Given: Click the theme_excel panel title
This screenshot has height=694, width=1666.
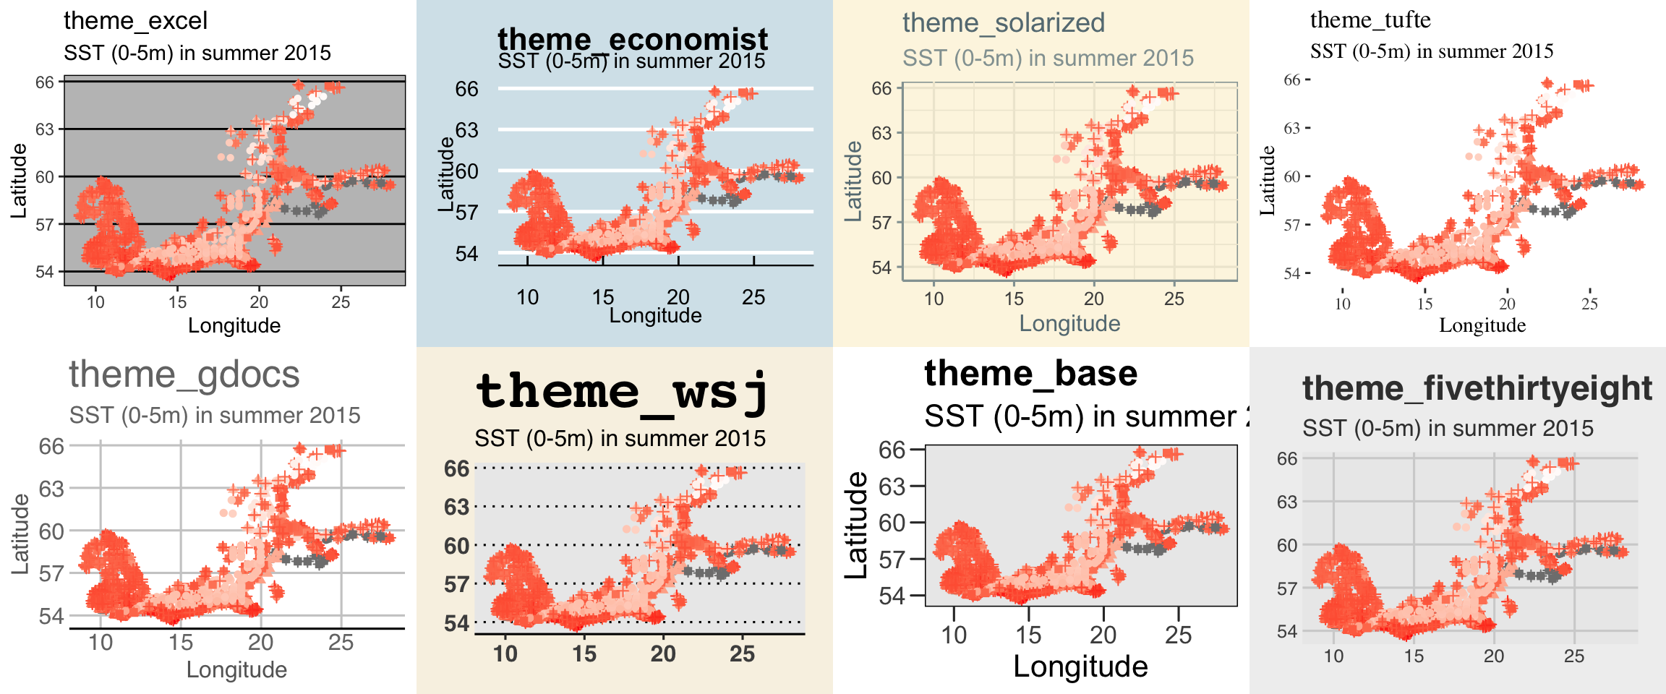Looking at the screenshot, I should (x=135, y=20).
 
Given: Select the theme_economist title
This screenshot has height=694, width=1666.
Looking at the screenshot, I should (x=633, y=38).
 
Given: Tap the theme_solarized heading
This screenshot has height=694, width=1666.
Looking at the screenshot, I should (x=1004, y=23).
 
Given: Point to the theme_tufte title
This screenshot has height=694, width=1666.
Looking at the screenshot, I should (x=1370, y=20).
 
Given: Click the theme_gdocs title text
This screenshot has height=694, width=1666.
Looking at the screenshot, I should (x=184, y=374).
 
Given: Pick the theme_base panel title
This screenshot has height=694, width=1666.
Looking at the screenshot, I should (x=1030, y=373).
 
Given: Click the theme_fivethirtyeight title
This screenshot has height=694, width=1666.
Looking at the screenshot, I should (x=1477, y=388).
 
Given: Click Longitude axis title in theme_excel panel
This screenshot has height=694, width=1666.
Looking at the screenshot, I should (x=234, y=325).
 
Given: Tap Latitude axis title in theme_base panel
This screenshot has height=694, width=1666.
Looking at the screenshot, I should (x=857, y=525).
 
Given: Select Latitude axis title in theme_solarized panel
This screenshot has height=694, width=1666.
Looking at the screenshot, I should (x=854, y=181).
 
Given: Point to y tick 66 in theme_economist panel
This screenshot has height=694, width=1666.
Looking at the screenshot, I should (x=466, y=89).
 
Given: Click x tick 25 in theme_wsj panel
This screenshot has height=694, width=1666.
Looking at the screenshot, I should (x=742, y=654).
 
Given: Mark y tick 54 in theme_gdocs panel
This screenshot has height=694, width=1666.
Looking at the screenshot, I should (x=51, y=617).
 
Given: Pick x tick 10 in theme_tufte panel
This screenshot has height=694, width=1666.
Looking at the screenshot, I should (x=1342, y=304).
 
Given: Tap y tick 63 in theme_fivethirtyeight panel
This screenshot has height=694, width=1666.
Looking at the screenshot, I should (x=1287, y=502).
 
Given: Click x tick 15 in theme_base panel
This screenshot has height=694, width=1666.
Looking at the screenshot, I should (x=1028, y=635).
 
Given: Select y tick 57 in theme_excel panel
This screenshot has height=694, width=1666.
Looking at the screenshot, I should (x=45, y=224).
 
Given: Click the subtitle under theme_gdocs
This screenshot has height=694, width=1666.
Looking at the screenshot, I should (x=215, y=416).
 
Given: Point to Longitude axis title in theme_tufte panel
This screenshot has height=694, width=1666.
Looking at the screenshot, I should (x=1482, y=325).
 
